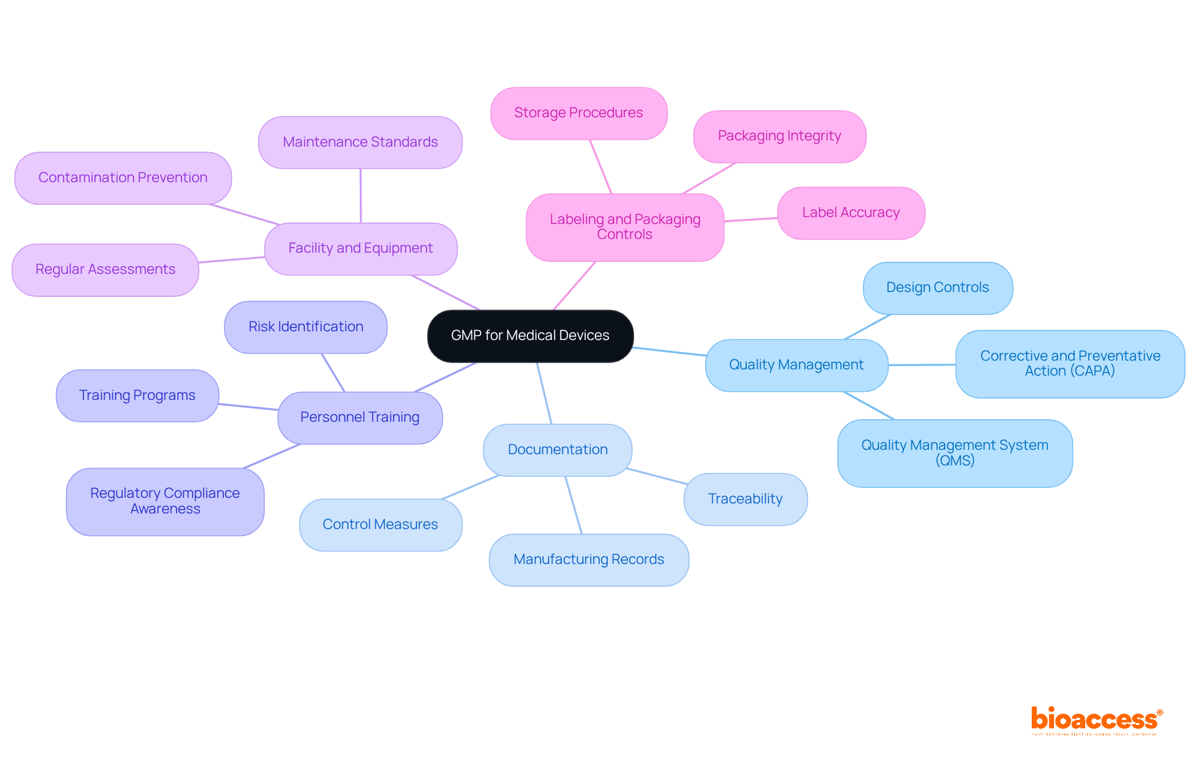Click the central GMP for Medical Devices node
point(530,336)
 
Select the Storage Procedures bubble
point(579,113)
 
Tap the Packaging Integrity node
point(779,136)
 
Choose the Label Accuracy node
point(851,213)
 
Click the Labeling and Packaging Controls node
point(625,227)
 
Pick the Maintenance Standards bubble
point(360,142)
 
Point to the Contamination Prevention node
point(123,178)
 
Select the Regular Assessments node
point(105,270)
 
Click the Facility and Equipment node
point(360,248)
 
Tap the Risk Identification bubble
point(305,327)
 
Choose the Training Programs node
point(137,396)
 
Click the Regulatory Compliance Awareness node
point(165,501)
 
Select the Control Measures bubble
point(380,525)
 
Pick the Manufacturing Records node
point(589,560)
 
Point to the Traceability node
point(745,499)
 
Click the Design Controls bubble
point(938,288)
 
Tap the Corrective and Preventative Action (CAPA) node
point(1070,364)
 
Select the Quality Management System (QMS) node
point(954,453)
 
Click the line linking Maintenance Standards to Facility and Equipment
point(360,196)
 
